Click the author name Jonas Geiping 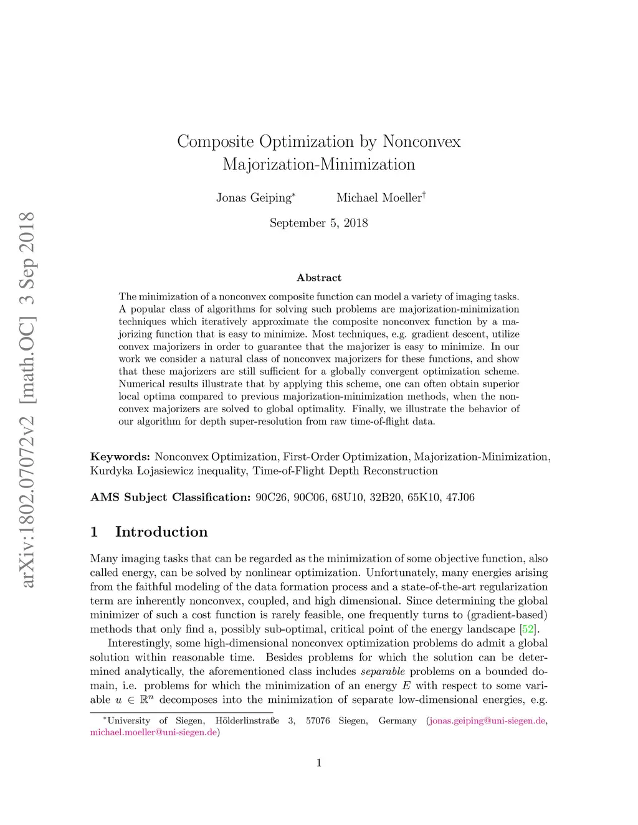point(254,198)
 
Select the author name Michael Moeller point(379,198)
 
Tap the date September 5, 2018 point(318,223)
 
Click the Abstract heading point(319,278)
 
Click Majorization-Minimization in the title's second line point(319,165)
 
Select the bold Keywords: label point(120,457)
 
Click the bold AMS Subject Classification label point(170,497)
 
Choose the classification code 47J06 point(460,497)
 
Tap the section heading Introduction point(161,532)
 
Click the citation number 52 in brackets point(528,629)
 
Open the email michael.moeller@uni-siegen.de point(153,732)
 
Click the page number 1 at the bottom point(319,763)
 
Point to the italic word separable point(383,671)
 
